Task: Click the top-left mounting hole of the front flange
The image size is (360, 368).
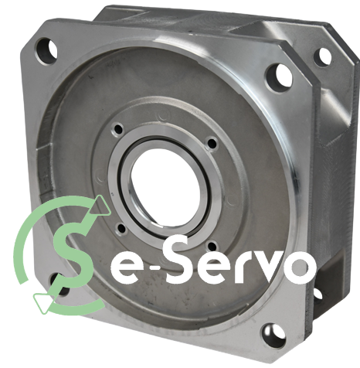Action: tap(46, 51)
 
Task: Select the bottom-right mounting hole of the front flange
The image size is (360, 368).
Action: tap(274, 336)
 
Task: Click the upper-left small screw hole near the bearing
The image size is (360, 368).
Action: tap(119, 129)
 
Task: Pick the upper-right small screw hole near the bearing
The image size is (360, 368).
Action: tap(212, 143)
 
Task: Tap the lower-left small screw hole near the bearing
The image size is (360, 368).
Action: tap(121, 230)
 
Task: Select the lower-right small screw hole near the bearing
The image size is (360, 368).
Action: tap(212, 247)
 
